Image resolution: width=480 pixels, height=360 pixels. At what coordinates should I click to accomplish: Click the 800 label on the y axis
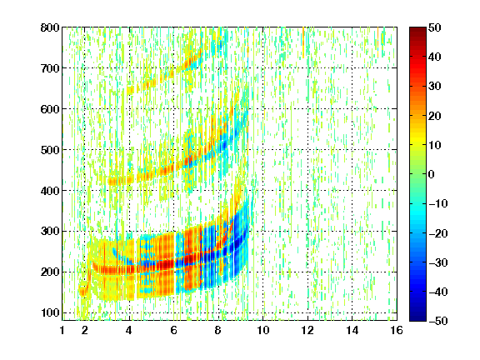(50, 27)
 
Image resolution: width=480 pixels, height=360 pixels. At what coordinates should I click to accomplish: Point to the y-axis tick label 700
(50, 68)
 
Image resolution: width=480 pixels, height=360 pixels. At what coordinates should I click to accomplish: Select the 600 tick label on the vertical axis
(50, 109)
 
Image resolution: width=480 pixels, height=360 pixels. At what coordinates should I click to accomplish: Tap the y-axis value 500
(50, 150)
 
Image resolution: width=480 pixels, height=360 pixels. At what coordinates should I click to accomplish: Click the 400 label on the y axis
(50, 191)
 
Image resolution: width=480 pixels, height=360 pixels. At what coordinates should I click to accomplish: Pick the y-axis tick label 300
(50, 232)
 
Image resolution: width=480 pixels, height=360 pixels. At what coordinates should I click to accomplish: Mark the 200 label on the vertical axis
(50, 272)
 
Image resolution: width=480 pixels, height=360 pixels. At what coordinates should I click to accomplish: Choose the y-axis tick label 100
(50, 312)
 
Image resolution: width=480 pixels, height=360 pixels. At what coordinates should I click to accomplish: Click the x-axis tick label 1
(62, 330)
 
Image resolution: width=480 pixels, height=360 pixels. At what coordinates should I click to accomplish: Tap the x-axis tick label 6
(174, 330)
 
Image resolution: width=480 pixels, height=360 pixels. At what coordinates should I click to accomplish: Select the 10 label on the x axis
(263, 330)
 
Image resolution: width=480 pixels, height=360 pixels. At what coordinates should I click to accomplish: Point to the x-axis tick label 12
(307, 330)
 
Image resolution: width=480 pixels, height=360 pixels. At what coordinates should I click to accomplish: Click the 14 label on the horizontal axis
(352, 330)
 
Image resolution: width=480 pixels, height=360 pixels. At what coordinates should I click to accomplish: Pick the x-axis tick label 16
(397, 330)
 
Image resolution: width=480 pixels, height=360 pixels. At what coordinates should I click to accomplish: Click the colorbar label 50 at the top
(435, 27)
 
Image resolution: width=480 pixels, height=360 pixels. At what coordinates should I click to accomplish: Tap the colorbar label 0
(432, 174)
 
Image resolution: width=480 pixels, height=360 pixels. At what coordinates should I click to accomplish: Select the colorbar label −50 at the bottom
(438, 321)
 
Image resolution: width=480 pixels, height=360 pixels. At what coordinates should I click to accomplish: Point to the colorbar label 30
(435, 87)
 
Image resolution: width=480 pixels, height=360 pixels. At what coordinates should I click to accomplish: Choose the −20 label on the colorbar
(438, 233)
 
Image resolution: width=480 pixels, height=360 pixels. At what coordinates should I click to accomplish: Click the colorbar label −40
(438, 292)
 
